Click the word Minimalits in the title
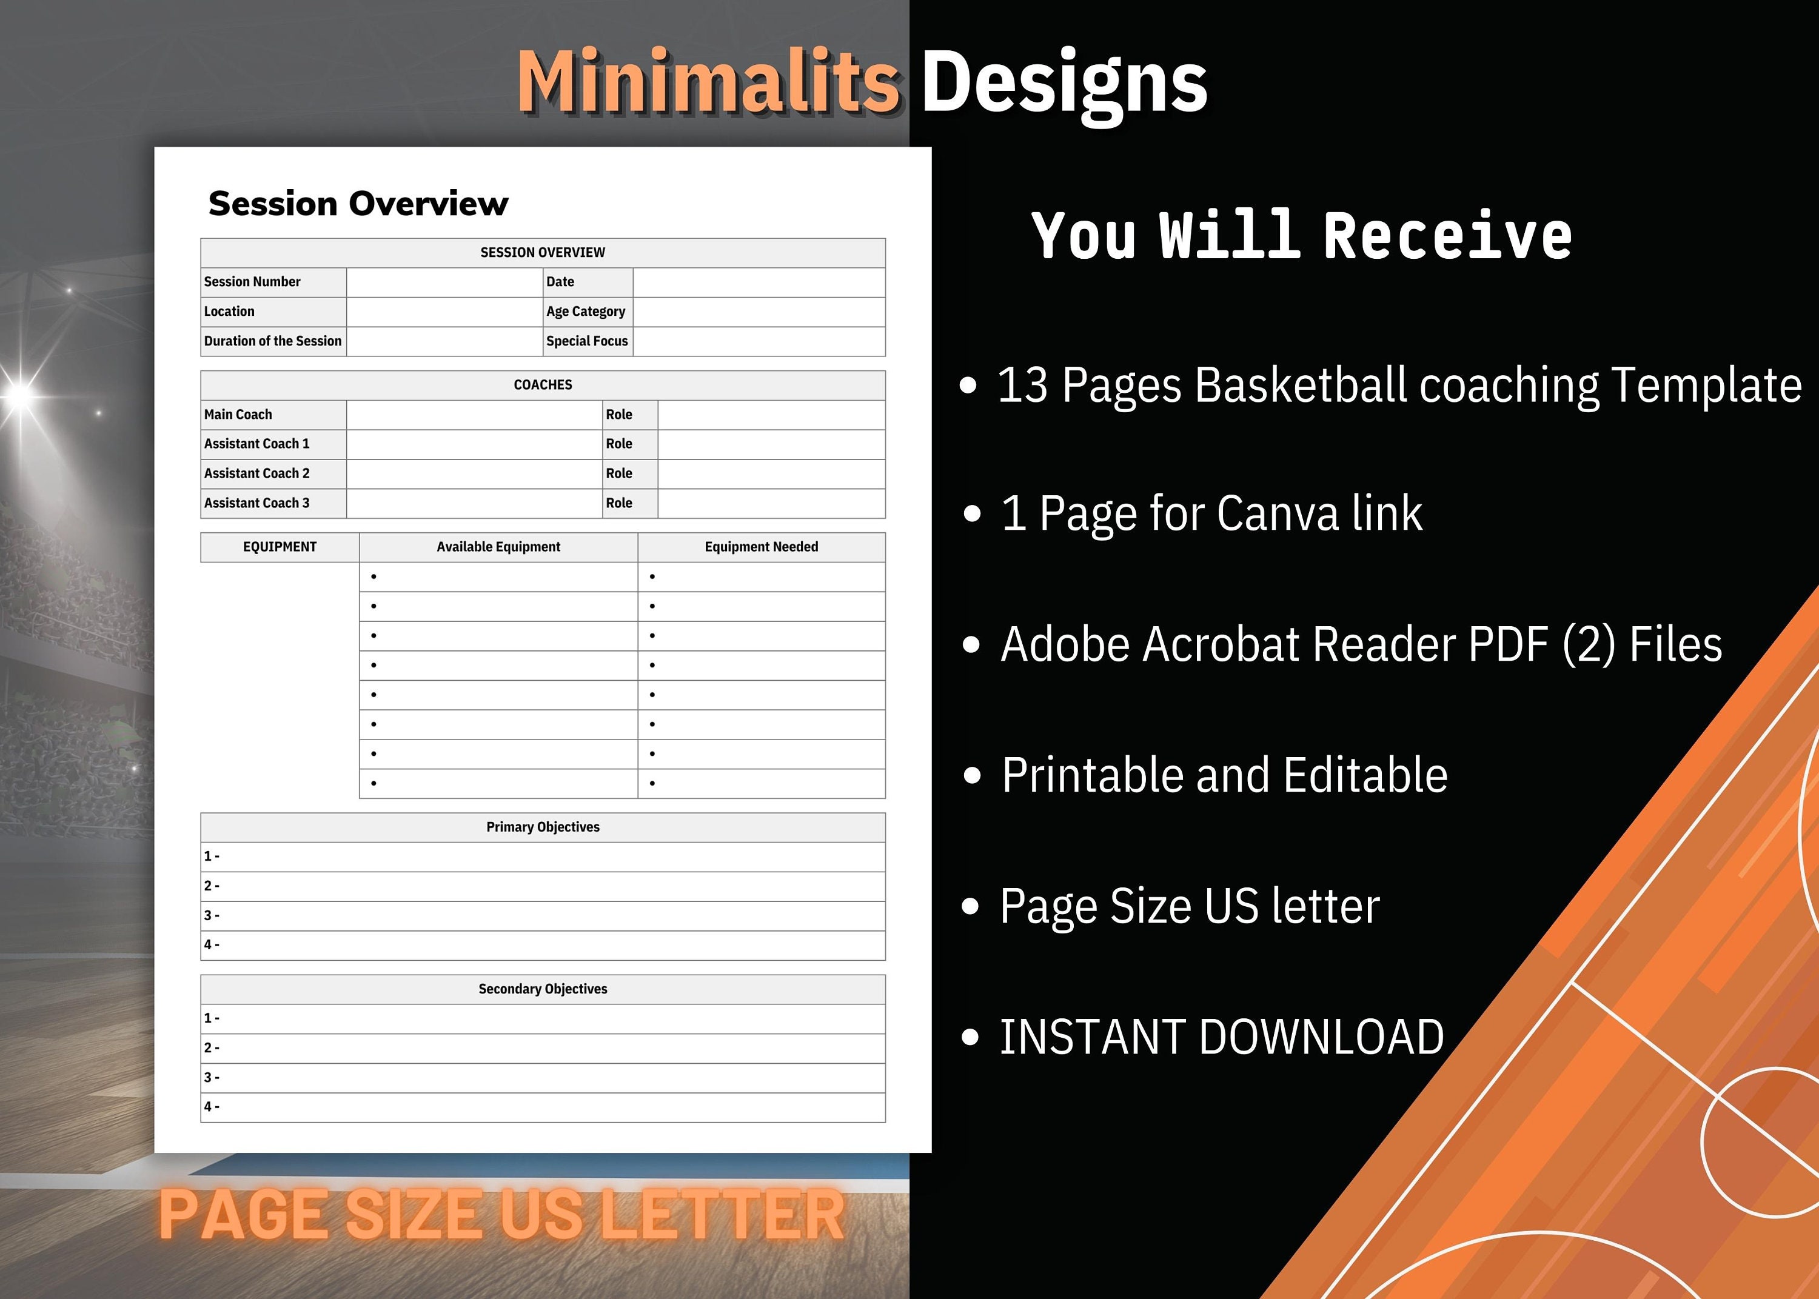(709, 82)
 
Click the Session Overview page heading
(358, 204)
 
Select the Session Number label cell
(252, 281)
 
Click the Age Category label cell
(586, 311)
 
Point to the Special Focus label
(586, 341)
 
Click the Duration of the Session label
(272, 341)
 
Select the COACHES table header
(542, 385)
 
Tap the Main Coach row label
(238, 415)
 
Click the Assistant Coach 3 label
(256, 503)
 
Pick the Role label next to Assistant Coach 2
(618, 473)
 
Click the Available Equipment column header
(498, 547)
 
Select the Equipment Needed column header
(761, 547)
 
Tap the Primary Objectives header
(542, 827)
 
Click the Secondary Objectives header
(542, 989)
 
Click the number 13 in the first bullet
(1022, 386)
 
